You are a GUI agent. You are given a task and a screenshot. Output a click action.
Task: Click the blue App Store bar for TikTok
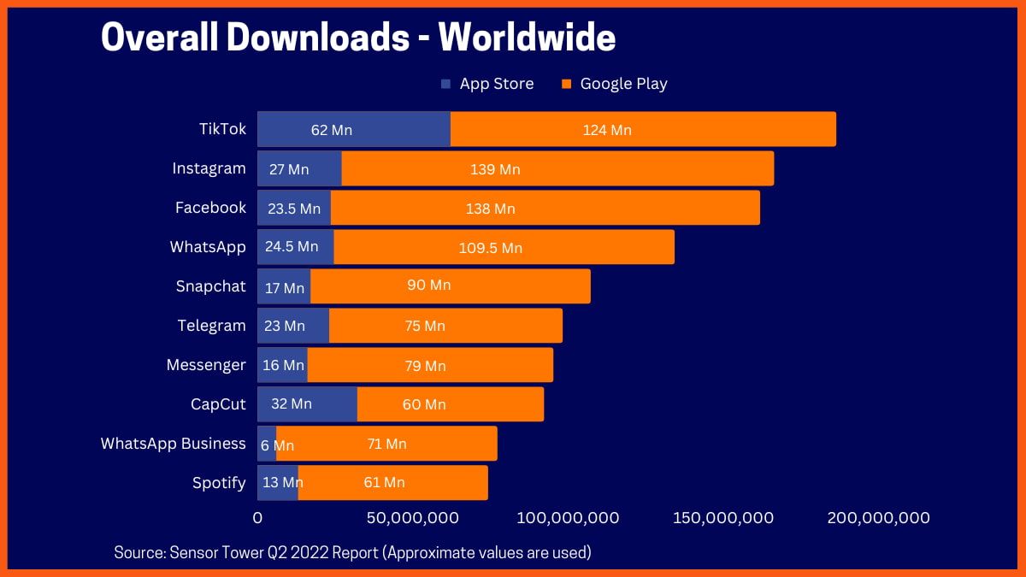353,129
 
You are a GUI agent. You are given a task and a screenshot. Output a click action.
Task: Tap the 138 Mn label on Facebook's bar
490,208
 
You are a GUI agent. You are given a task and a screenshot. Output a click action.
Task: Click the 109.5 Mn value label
491,248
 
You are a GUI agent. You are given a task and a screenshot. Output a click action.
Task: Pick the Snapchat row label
210,286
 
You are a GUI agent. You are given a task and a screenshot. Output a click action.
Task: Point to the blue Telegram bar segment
293,326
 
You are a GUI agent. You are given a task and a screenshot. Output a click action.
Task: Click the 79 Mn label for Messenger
425,365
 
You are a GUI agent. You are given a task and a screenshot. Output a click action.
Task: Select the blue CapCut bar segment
307,404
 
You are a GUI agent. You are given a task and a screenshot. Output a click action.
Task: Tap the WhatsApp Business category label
173,444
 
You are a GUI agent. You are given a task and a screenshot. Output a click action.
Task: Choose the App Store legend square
445,84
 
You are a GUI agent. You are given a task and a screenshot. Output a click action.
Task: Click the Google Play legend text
623,84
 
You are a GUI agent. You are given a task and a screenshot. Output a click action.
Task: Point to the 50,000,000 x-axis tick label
412,518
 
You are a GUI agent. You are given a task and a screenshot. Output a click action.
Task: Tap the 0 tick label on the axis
257,518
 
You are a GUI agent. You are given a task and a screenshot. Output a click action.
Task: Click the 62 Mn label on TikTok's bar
331,130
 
